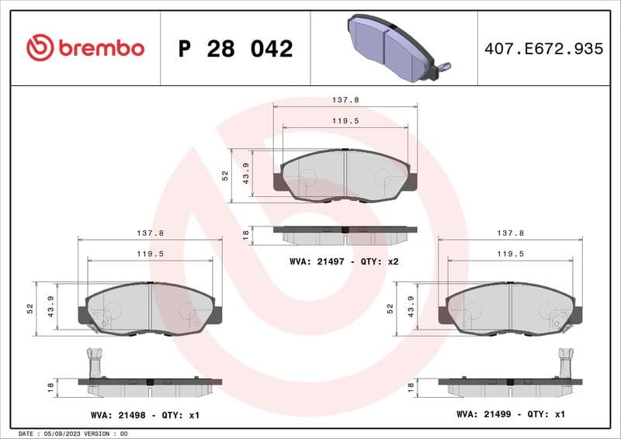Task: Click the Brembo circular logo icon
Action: click(40, 48)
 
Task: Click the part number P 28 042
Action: click(235, 49)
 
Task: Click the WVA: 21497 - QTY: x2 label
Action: click(344, 261)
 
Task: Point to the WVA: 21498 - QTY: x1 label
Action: click(144, 415)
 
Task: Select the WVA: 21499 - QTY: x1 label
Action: click(510, 414)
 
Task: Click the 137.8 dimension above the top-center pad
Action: click(345, 100)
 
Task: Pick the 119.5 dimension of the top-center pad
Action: click(345, 121)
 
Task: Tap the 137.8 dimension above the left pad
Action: click(150, 232)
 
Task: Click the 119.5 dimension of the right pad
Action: click(510, 254)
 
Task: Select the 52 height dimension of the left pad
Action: click(29, 308)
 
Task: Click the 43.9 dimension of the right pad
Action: click(411, 309)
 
